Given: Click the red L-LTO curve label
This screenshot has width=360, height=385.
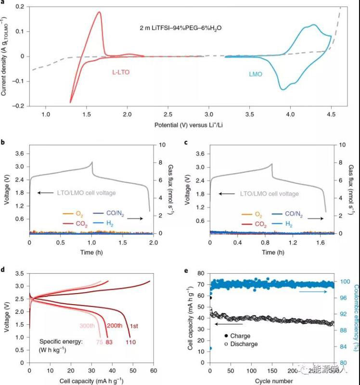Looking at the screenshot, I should [x=120, y=72].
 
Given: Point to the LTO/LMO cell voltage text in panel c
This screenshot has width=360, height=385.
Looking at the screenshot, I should [x=269, y=193].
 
